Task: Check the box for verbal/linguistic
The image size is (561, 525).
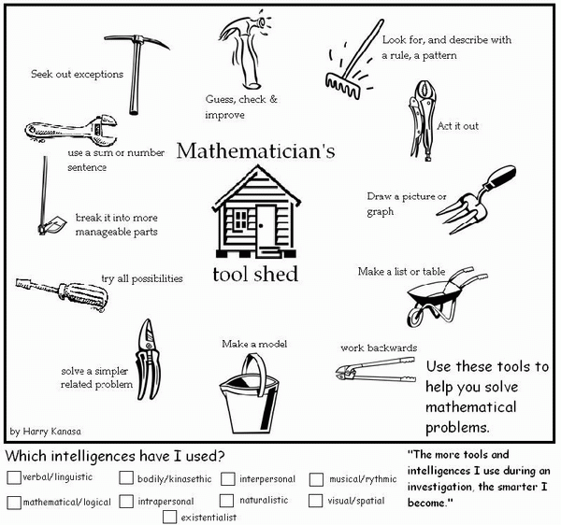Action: [x=13, y=478]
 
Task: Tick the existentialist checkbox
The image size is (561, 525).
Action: [x=169, y=516]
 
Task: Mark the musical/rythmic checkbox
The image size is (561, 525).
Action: [x=316, y=479]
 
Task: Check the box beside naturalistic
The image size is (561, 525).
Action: [x=227, y=501]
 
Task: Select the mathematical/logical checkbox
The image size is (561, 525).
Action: [x=13, y=502]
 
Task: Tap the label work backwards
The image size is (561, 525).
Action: [x=378, y=348]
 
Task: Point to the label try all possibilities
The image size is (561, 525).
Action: [x=142, y=278]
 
